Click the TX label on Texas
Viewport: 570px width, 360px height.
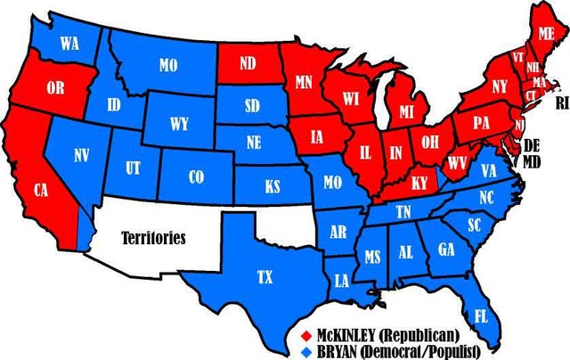click(x=265, y=277)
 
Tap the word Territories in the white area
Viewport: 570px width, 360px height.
click(x=154, y=238)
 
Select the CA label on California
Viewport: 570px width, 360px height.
click(x=41, y=190)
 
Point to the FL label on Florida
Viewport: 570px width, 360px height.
click(x=481, y=315)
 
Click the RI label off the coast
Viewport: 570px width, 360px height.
click(x=561, y=103)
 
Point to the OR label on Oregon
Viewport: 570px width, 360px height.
click(x=55, y=88)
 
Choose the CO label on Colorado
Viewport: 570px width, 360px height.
click(x=197, y=176)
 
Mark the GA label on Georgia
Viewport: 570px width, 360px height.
click(x=446, y=250)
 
